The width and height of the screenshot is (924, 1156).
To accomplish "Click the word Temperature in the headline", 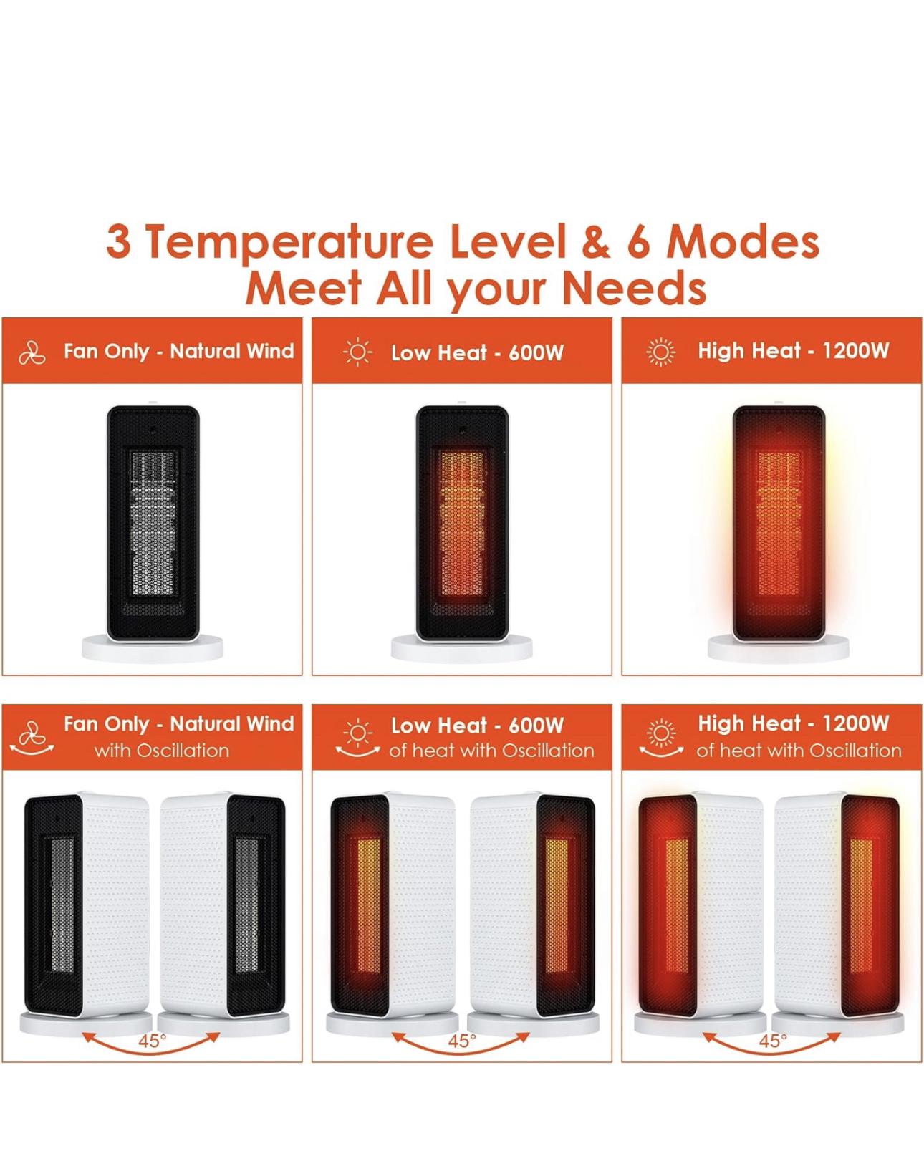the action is pos(289,242).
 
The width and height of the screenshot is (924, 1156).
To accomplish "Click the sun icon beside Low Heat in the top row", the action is pos(357,352).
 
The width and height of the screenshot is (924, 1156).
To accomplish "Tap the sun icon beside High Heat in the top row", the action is pos(661,352).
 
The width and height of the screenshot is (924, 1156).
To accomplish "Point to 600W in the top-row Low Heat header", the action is pos(536,353).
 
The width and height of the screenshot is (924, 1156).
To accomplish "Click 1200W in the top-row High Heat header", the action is pos(856,350).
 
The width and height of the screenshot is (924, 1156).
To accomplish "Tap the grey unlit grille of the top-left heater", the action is pos(153,522).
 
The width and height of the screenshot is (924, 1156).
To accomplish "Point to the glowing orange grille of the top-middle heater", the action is pos(462,522).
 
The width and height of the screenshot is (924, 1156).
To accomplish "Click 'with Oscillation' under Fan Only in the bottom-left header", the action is pos(162,750).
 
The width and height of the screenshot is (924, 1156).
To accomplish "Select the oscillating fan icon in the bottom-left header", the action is pos(32,738).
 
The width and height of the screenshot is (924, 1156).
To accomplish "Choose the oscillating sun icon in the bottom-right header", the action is pos(661,738).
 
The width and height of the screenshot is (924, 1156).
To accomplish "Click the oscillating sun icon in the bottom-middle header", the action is pos(357,738).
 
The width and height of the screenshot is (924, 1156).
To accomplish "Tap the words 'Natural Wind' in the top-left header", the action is pos(232,351).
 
